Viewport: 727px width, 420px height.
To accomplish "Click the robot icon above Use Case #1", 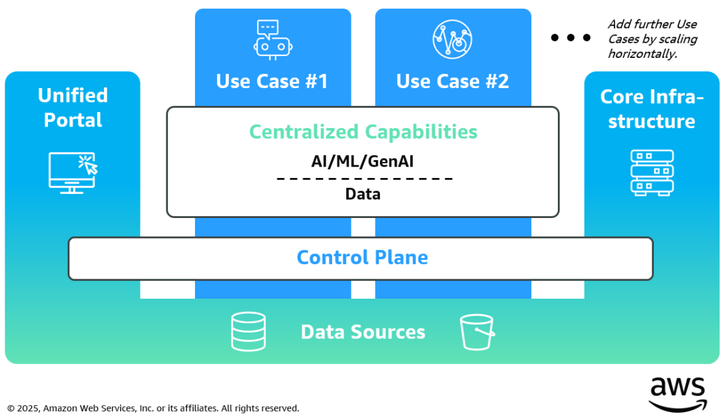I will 273,39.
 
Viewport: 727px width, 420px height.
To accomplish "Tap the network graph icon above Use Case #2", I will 452,39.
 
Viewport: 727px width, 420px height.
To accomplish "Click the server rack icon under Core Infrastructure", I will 652,173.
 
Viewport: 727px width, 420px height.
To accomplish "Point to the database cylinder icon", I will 248,331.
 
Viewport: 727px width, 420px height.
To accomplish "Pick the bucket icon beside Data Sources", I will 477,331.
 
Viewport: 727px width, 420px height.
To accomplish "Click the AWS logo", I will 677,394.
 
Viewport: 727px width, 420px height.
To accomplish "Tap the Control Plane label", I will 362,257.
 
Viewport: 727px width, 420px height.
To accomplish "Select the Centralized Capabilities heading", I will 363,131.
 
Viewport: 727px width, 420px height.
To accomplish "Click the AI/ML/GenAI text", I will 363,161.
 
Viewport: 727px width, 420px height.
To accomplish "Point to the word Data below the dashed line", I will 363,194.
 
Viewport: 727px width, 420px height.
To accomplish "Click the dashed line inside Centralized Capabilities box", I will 364,179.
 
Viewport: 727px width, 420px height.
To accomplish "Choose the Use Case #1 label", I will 272,81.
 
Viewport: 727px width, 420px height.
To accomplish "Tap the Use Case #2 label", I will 453,81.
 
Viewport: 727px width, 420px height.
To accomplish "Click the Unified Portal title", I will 73,107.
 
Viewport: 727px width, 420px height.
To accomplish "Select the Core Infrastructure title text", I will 652,109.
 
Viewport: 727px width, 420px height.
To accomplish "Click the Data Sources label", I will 363,332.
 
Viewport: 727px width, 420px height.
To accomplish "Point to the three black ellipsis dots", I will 571,38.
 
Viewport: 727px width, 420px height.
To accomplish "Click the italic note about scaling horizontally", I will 652,39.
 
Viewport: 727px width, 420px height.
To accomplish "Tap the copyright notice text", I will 153,408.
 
